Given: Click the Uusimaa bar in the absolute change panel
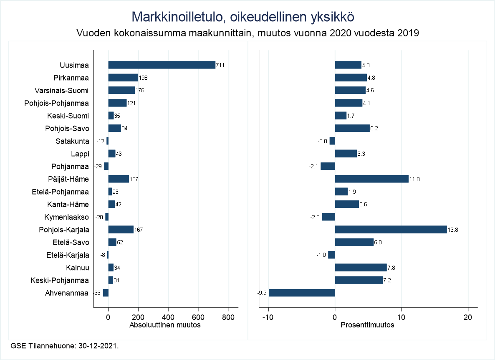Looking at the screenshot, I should (162, 65).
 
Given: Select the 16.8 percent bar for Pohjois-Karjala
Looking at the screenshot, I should (391, 230).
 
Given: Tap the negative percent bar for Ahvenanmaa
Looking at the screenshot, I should (302, 293).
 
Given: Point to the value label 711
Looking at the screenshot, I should (220, 65).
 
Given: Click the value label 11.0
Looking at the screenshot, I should (414, 179).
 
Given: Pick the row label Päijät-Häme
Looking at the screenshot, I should (68, 179).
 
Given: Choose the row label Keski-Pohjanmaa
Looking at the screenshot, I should (60, 280).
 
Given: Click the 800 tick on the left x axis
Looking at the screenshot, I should (229, 317).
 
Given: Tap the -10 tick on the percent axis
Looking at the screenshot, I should (267, 317).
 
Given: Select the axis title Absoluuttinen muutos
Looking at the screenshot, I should (165, 325).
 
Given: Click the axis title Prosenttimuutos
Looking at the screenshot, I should (368, 325).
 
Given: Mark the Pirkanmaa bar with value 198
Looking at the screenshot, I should (123, 78).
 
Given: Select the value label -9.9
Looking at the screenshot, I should (262, 293).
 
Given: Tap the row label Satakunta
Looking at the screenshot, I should (72, 141).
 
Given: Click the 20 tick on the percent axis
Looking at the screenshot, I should (468, 317).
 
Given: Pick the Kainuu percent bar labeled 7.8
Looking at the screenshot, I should (361, 268).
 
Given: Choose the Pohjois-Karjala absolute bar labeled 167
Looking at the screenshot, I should (121, 230).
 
